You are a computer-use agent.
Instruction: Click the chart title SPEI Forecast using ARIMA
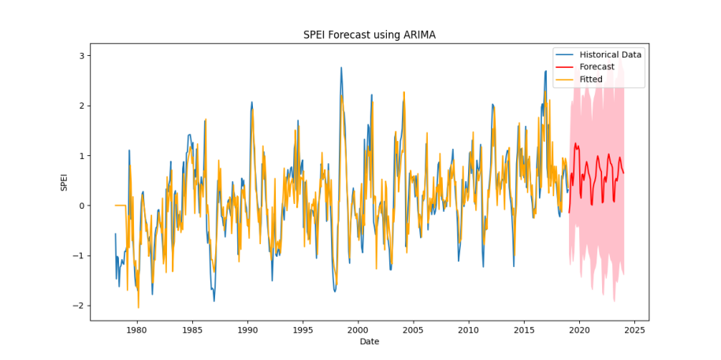point(370,35)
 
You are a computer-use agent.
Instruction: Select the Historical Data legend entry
point(611,54)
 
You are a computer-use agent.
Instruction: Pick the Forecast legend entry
point(596,67)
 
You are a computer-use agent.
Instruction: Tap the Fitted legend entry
point(591,80)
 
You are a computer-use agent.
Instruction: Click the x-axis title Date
point(370,342)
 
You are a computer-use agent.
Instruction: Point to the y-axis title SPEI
point(65,181)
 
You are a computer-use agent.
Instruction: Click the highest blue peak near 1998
point(341,68)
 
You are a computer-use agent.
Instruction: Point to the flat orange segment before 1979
point(120,206)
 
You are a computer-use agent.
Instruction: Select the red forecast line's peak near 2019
point(575,143)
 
